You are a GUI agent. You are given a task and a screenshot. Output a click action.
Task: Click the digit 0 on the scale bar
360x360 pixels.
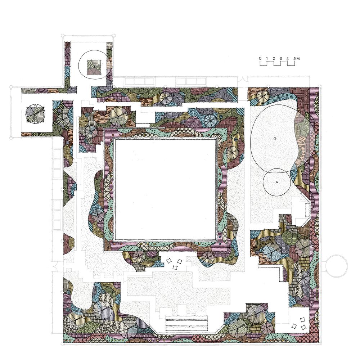[260, 58]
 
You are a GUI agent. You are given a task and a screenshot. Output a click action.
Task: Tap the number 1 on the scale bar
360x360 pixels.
[267, 58]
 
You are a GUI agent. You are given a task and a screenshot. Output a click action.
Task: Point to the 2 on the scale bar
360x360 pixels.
[274, 58]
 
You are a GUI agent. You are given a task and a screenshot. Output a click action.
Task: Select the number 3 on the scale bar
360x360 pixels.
[281, 58]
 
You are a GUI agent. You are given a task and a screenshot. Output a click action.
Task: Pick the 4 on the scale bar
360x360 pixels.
[288, 58]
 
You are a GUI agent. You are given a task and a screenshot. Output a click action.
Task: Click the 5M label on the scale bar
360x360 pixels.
[297, 58]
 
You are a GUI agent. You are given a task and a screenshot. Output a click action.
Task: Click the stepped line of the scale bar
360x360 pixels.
[277, 63]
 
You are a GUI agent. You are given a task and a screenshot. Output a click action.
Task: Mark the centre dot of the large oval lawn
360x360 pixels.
[275, 139]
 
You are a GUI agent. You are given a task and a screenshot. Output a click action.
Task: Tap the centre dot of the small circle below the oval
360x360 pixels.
[277, 182]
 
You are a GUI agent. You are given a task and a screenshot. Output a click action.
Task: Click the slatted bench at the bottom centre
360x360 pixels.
[186, 324]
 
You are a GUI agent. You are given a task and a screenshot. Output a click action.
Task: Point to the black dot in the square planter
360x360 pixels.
[94, 67]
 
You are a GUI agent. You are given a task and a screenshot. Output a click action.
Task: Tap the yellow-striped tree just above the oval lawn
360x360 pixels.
[261, 96]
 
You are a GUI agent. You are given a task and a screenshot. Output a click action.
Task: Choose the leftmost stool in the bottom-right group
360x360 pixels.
[294, 326]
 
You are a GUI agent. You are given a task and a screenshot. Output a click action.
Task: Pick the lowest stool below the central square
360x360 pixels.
[175, 267]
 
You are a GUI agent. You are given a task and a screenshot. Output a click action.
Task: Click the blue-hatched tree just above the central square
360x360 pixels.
[211, 121]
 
